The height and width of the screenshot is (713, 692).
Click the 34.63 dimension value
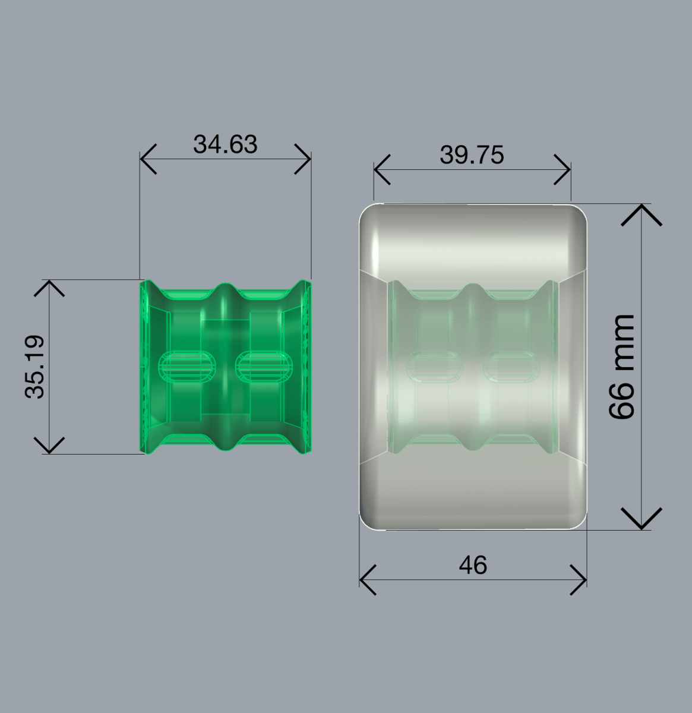[x=225, y=144]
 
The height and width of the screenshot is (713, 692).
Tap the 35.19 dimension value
[x=34, y=367]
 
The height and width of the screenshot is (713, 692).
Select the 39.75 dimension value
[x=472, y=155]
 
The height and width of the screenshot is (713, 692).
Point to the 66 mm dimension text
[x=621, y=367]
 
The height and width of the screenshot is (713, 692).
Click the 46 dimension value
[x=473, y=565]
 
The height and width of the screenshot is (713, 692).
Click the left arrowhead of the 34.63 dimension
[x=148, y=159]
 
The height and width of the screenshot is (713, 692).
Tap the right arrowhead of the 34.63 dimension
[x=303, y=159]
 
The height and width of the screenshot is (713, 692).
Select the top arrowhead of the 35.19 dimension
[x=49, y=288]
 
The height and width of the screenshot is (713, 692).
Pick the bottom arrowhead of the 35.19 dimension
[x=49, y=445]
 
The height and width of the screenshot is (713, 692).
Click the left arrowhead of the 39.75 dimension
[x=382, y=170]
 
